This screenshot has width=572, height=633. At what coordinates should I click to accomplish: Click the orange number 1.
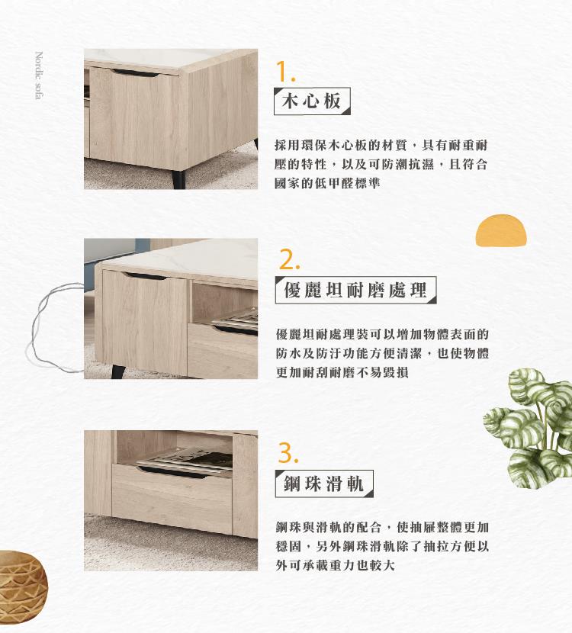285,72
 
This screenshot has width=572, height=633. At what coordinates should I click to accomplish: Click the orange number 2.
289,259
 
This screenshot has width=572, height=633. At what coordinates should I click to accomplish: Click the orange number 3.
288,453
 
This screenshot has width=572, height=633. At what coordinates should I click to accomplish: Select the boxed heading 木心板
312,101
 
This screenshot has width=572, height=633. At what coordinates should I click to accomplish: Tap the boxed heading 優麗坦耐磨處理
355,290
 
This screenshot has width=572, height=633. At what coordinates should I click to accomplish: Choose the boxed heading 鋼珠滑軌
324,484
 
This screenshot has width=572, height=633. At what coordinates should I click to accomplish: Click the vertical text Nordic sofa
39,75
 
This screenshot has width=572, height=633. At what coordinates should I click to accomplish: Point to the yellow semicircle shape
501,230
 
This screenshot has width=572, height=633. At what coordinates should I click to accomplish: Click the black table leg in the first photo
178,180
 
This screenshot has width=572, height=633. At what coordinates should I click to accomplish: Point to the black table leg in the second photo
119,371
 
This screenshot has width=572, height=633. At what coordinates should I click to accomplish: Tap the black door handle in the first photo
135,73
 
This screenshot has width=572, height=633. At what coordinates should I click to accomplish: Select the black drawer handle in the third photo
172,472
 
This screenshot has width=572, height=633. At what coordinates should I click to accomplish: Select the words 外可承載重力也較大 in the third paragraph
335,565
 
